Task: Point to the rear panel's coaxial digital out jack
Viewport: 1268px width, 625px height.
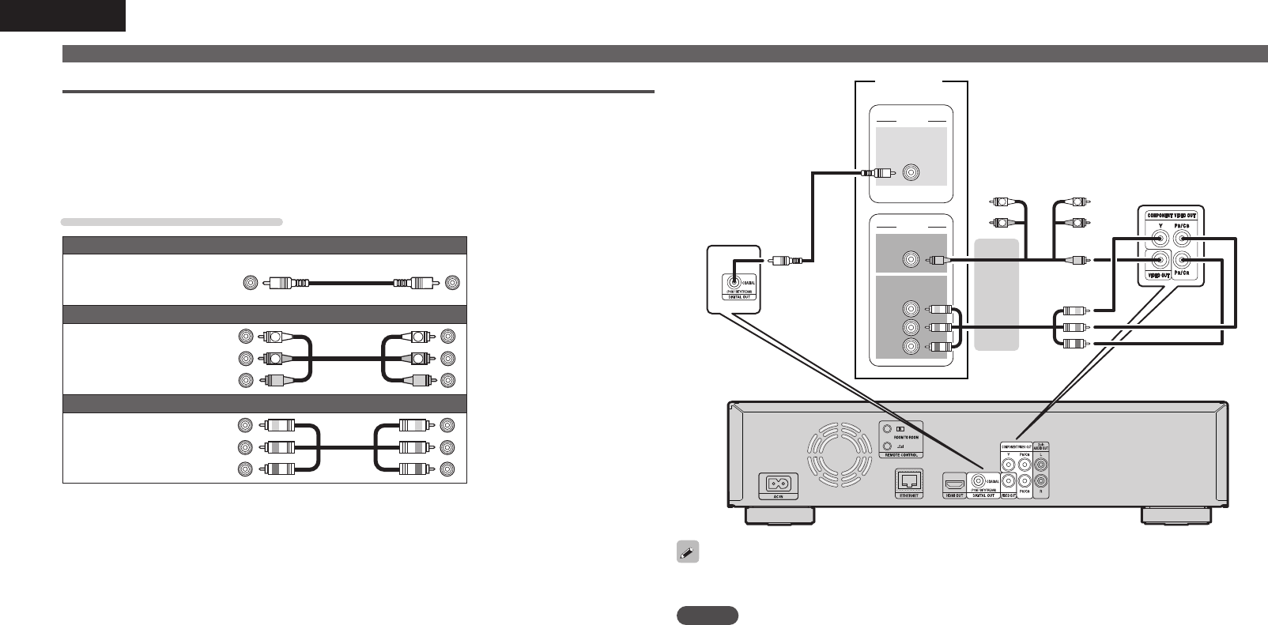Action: coord(979,480)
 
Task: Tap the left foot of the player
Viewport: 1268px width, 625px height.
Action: coord(779,516)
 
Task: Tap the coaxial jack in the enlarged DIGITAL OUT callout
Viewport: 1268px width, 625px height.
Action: coord(735,280)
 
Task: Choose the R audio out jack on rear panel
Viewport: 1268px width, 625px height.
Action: coord(1042,480)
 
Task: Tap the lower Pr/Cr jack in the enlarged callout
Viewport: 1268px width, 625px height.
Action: coord(1183,259)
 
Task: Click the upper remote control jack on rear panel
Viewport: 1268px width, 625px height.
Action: coord(885,428)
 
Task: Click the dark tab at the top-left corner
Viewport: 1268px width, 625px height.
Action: coord(62,15)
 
